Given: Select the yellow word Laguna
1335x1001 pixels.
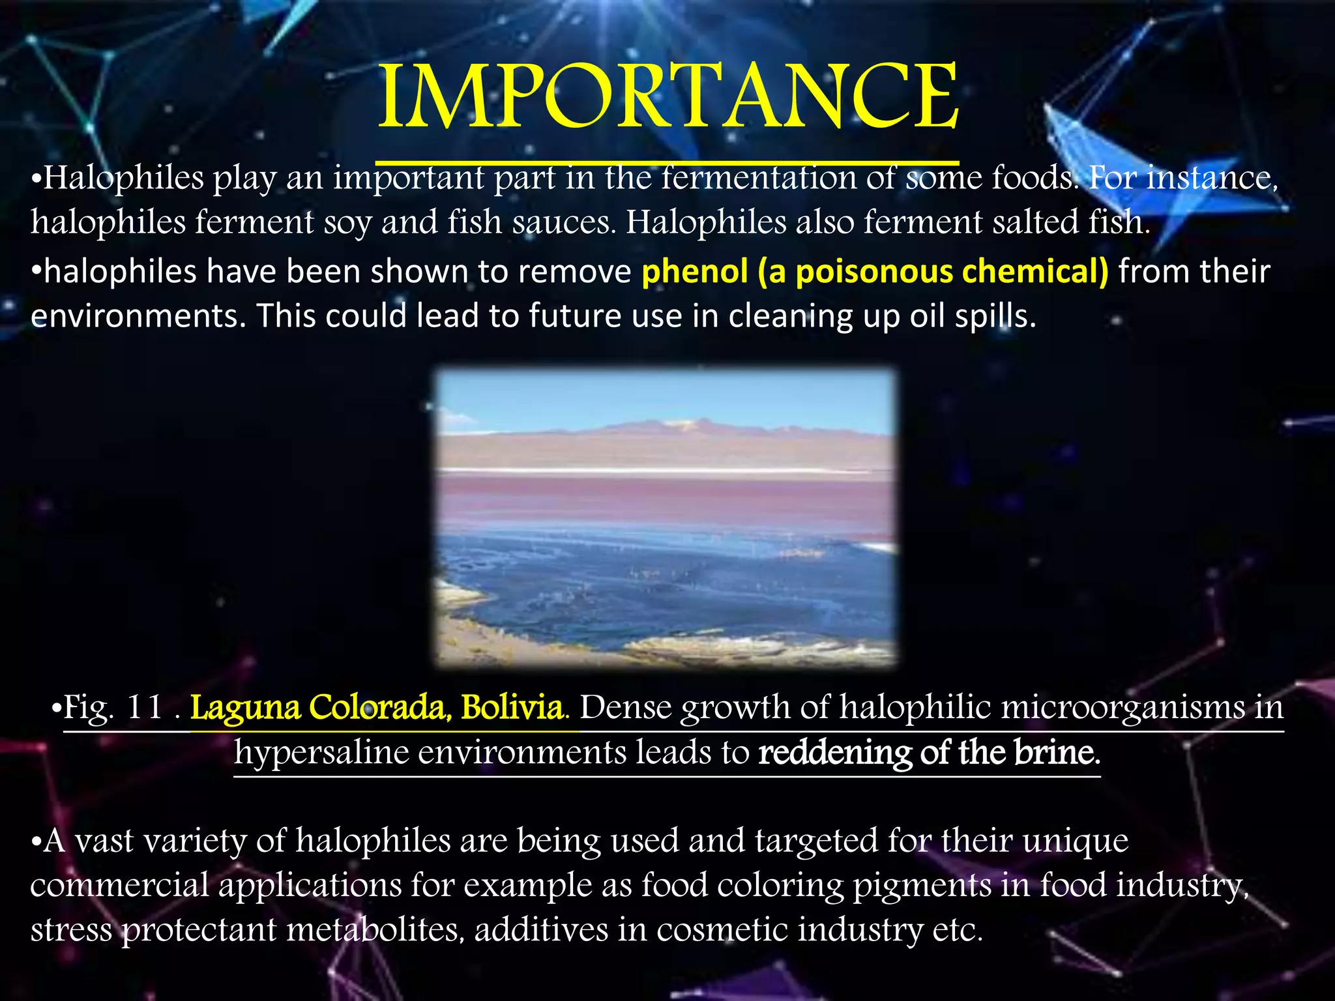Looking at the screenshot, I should tap(245, 708).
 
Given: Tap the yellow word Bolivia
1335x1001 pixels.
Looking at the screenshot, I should tap(512, 708).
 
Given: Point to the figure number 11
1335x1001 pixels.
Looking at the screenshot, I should tap(145, 708).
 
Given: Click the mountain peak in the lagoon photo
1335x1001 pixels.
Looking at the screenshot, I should tap(678, 424).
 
